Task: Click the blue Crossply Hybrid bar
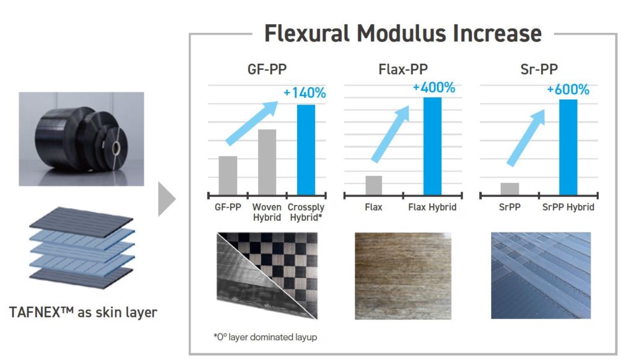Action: tap(306, 150)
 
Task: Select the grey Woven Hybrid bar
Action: tap(267, 162)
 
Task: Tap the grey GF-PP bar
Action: tap(228, 176)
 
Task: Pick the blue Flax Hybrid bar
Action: tap(432, 146)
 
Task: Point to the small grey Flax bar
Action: tap(373, 186)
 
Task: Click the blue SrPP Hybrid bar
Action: tap(568, 147)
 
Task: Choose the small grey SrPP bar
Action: tap(510, 190)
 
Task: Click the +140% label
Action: tap(305, 93)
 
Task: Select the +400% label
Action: tap(434, 87)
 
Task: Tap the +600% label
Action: tap(568, 89)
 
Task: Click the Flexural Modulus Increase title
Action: tap(402, 33)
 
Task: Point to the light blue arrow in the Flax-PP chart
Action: tap(391, 134)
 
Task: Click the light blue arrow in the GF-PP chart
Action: tap(252, 123)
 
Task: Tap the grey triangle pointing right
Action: tap(167, 199)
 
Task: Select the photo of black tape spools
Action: tap(81, 139)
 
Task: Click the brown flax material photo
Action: tap(403, 276)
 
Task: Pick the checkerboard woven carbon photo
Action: tap(267, 276)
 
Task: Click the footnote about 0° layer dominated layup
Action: tap(265, 337)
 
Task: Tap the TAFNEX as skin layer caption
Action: tap(83, 312)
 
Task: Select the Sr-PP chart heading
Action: tap(539, 69)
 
